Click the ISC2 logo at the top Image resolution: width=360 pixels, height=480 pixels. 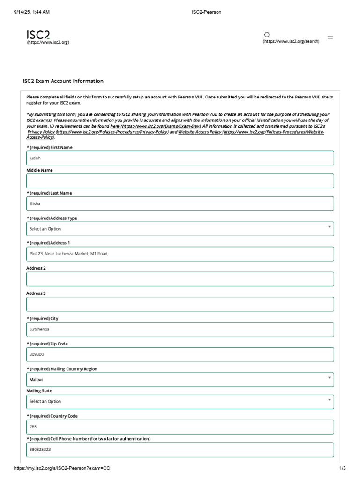(38, 35)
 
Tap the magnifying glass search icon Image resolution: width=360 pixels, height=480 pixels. (267, 35)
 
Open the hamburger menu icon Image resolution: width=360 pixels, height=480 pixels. (330, 37)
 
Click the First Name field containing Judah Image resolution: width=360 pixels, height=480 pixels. (180, 158)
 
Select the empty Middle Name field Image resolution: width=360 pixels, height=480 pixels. (180, 181)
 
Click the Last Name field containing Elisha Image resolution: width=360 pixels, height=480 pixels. (180, 203)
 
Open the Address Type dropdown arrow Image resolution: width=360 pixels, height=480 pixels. (330, 227)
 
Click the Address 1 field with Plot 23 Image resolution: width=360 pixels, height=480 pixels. (180, 254)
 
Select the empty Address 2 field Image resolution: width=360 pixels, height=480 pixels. (180, 279)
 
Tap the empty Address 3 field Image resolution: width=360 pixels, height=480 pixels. (180, 304)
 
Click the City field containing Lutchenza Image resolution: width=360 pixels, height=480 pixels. (180, 330)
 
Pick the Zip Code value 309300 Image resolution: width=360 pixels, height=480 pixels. (37, 355)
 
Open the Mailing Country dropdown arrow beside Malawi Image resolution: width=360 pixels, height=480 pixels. (330, 378)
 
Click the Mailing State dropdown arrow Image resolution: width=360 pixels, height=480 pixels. (330, 400)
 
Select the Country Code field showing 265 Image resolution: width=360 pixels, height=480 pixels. (180, 427)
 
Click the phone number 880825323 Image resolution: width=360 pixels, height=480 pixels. (40, 450)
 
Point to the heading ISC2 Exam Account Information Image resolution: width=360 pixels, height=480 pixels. (63, 81)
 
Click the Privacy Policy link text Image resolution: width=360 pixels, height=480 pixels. (41, 132)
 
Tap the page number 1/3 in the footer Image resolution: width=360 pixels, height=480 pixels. (343, 468)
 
